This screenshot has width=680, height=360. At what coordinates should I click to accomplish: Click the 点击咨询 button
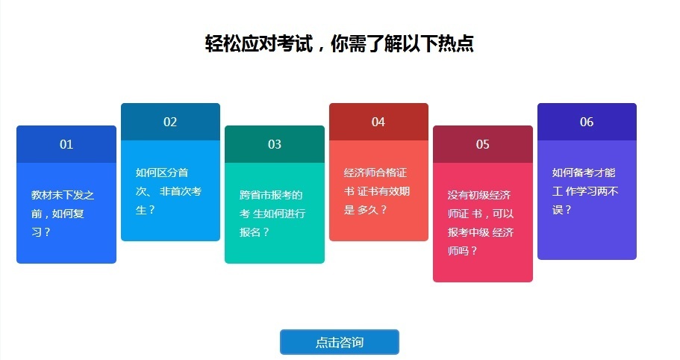coord(340,342)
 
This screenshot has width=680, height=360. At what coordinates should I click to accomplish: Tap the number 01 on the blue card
coord(66,144)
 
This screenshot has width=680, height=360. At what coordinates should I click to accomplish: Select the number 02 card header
coord(170,122)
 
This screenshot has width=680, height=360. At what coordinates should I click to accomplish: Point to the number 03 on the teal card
coord(275,144)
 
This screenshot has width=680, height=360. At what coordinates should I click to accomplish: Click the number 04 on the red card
coord(378,122)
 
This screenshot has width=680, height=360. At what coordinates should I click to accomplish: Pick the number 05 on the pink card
coord(483,144)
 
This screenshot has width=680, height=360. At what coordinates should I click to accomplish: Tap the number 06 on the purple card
coord(587,122)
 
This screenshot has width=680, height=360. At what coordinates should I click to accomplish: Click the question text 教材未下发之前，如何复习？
coord(63,213)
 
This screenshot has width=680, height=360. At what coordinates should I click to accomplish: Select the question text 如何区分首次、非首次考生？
coord(168,190)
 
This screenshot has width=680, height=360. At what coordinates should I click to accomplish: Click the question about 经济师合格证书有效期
coord(377,190)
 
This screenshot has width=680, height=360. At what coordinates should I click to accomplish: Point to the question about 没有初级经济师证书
coord(481,223)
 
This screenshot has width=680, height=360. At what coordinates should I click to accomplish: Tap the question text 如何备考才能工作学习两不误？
coord(584,190)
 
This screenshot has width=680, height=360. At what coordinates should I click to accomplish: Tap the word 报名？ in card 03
coord(255,232)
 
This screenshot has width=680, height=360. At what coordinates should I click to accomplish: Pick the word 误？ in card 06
coord(562,210)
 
